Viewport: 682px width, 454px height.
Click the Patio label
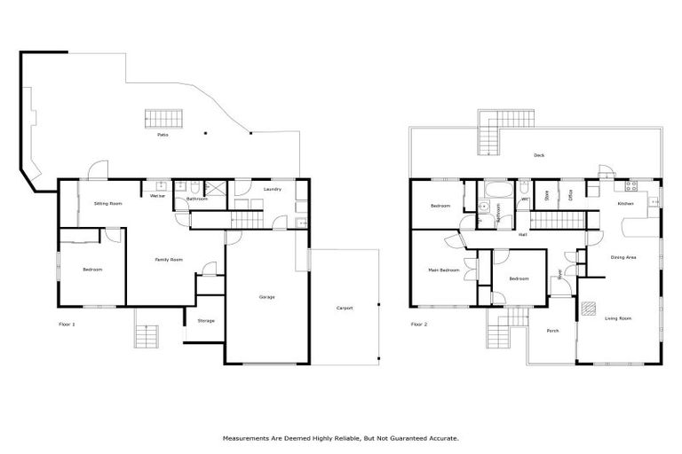(x=163, y=135)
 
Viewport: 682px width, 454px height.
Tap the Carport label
(x=345, y=308)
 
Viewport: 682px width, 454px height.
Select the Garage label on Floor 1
(x=266, y=296)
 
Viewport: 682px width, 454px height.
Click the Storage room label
(x=206, y=320)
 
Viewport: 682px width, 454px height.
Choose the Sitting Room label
(x=108, y=203)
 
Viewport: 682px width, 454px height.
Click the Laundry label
(x=273, y=189)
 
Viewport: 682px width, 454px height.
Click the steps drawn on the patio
(x=164, y=118)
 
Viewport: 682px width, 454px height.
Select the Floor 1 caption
(x=67, y=325)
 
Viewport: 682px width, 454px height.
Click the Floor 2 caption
(x=419, y=325)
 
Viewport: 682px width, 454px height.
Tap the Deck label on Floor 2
(x=539, y=155)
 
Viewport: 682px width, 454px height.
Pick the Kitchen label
(x=626, y=204)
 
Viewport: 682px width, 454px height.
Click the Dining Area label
(x=623, y=258)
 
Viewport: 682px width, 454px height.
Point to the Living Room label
(x=618, y=317)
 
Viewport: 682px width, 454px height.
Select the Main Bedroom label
(x=442, y=270)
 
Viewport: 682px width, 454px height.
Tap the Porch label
(x=552, y=331)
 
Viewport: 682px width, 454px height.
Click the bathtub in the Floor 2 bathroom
(x=495, y=188)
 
